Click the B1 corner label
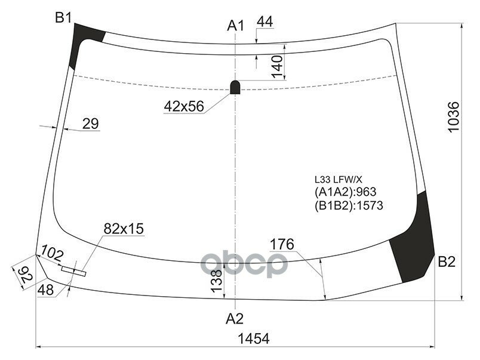63,18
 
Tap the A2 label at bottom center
235,318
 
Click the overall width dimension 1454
254,339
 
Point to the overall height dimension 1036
453,118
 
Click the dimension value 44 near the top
264,22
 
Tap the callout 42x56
184,106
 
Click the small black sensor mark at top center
236,87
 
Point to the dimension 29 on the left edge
90,124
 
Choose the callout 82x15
124,229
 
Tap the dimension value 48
45,290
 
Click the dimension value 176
282,244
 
